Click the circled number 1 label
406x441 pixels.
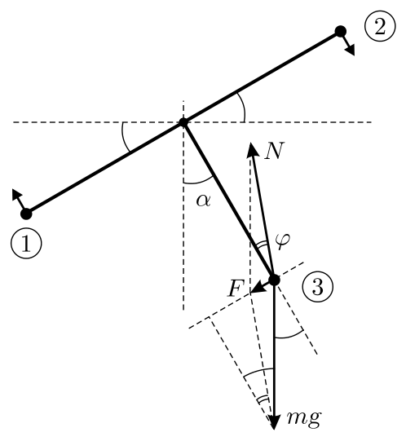(26, 243)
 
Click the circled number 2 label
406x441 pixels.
(380, 27)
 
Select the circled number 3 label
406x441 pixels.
(318, 287)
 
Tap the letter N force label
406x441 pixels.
(272, 152)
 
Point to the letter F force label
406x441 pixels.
(235, 289)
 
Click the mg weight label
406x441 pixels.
(304, 418)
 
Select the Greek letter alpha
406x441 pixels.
(203, 201)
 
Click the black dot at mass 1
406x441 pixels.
(26, 214)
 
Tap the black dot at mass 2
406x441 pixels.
(341, 31)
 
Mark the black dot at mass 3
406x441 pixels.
(274, 280)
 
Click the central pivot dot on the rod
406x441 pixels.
(183, 122)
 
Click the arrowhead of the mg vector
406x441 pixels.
(274, 422)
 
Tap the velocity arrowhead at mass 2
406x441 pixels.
(351, 50)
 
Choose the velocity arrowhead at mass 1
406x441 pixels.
(16, 194)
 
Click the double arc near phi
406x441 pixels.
(261, 245)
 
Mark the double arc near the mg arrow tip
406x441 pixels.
(263, 399)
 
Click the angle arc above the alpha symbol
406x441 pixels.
(198, 183)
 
